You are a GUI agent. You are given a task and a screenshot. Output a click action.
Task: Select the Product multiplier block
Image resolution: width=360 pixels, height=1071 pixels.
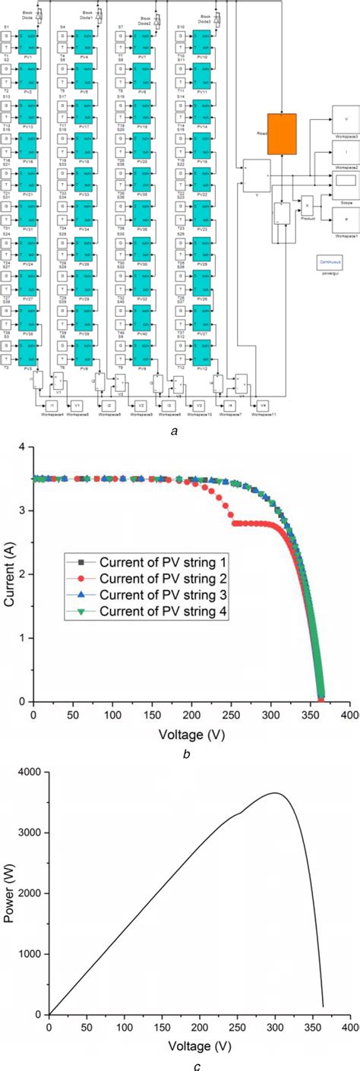coord(308,205)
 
